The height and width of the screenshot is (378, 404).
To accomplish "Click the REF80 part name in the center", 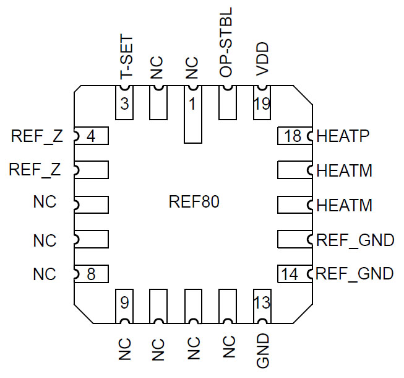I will [194, 203].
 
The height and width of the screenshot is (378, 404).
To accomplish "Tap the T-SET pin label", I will [126, 59].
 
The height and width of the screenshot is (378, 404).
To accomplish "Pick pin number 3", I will [125, 104].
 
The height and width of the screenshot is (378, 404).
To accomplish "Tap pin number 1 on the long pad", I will [193, 104].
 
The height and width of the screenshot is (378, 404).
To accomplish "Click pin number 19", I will [262, 104].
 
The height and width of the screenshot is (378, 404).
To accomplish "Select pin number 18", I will [293, 136].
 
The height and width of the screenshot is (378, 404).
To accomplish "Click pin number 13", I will [262, 304].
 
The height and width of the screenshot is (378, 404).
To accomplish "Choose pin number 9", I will [125, 304].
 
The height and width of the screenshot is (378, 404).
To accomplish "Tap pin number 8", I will [91, 273].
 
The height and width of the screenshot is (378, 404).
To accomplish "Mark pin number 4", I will [91, 136].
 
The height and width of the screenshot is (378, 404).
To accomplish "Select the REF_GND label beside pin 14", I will [355, 273].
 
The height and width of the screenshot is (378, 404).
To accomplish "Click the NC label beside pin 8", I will [45, 273].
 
